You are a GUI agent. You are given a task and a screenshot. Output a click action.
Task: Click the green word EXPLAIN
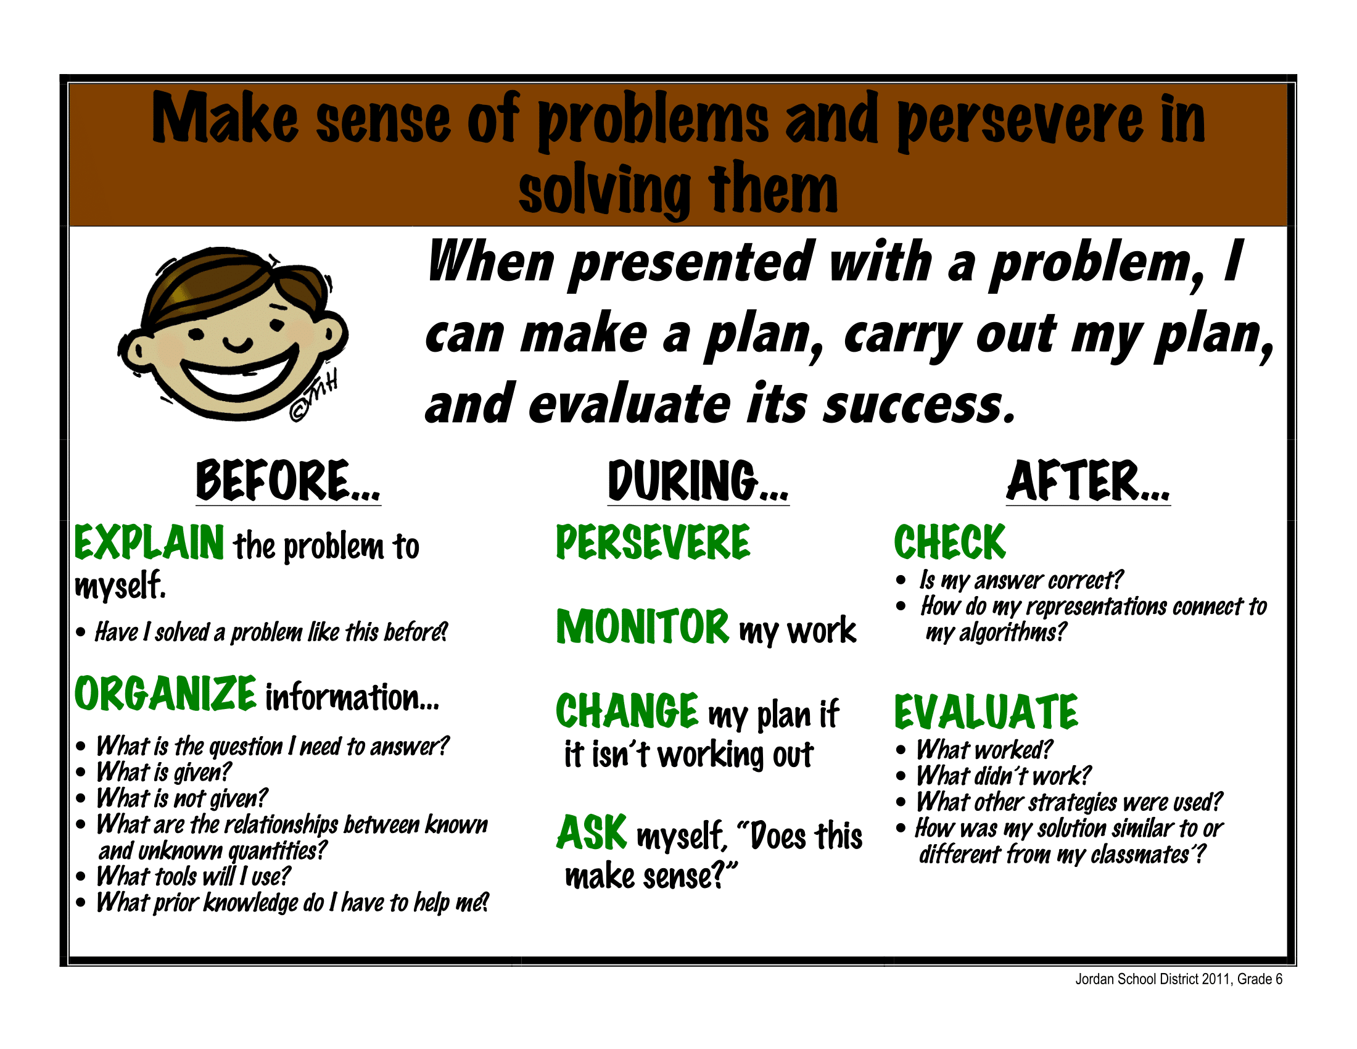149,542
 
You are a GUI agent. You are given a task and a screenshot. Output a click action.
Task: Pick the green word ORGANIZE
165,694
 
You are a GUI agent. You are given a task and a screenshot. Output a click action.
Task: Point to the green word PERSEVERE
653,542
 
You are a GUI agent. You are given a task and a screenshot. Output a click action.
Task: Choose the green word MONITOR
643,626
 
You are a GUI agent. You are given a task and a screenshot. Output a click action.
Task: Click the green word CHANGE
627,711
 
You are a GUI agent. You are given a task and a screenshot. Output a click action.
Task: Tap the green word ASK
592,833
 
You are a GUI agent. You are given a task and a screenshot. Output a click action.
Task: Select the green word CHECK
949,542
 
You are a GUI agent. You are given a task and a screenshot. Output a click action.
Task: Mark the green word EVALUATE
986,712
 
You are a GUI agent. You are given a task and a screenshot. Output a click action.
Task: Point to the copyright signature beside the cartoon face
315,397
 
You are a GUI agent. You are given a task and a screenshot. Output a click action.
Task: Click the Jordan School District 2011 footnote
1179,979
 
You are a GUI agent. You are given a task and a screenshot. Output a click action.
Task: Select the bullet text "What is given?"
164,773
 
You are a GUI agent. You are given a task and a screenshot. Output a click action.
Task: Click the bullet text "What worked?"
984,750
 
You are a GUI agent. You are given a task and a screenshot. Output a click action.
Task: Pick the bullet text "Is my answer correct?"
1021,580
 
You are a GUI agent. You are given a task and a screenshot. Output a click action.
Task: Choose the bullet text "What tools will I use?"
193,877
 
